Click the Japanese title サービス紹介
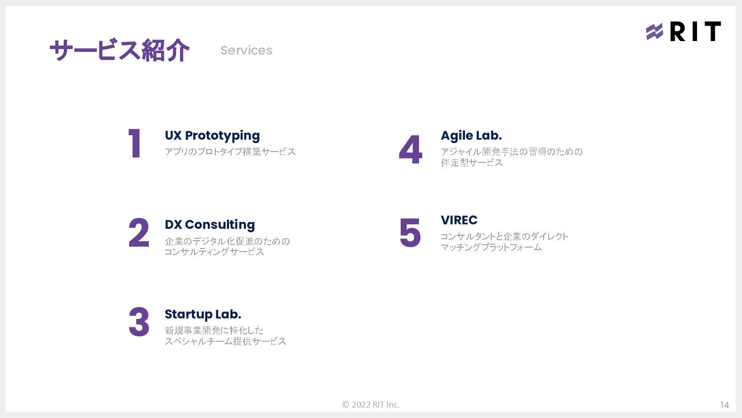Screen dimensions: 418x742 pyautogui.click(x=119, y=51)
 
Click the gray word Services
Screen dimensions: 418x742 pyautogui.click(x=246, y=51)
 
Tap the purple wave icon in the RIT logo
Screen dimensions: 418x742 pyautogui.click(x=654, y=32)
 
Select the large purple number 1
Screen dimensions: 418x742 pyautogui.click(x=135, y=144)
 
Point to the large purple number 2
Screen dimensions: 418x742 pyautogui.click(x=139, y=233)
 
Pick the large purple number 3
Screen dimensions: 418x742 pyautogui.click(x=139, y=322)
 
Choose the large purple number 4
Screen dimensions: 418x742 pyautogui.click(x=411, y=150)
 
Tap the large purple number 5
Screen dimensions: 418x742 pyautogui.click(x=410, y=233)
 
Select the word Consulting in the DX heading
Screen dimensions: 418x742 pyautogui.click(x=220, y=225)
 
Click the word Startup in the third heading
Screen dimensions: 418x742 pyautogui.click(x=188, y=314)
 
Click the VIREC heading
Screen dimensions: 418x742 pyautogui.click(x=459, y=220)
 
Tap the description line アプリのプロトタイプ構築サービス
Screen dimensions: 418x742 pyautogui.click(x=230, y=152)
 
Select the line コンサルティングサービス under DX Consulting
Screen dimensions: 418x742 pyautogui.click(x=214, y=252)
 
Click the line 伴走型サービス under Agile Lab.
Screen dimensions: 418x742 pyautogui.click(x=471, y=163)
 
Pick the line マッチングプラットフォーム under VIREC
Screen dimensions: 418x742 pyautogui.click(x=491, y=247)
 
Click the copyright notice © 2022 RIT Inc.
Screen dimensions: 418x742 pyautogui.click(x=371, y=405)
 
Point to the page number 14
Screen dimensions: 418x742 pyautogui.click(x=724, y=405)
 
